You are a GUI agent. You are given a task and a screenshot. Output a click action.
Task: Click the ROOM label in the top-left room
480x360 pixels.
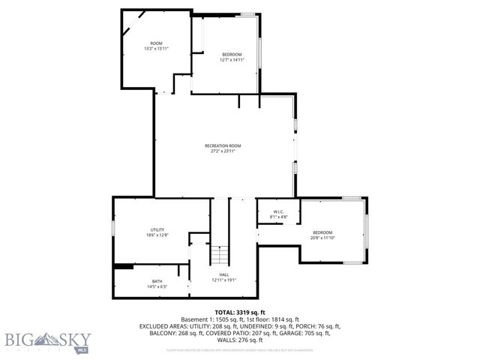156,43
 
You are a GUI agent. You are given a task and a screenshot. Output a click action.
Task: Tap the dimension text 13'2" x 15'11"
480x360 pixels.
156,49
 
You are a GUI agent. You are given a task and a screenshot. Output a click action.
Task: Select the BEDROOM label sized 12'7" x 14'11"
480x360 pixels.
232,54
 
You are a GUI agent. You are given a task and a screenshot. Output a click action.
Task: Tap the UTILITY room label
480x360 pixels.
157,229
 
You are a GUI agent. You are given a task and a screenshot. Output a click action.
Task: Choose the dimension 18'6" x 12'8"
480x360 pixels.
157,235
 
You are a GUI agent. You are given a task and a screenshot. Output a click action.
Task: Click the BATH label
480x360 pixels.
156,281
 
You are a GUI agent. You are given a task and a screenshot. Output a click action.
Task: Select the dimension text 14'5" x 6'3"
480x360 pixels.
156,286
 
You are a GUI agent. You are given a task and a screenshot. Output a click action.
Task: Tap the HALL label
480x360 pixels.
223,274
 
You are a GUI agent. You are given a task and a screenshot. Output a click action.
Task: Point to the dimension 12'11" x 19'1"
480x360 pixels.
223,280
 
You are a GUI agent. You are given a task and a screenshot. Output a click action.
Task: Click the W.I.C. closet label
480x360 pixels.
277,211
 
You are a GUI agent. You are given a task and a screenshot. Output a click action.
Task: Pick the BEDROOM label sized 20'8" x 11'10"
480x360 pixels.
322,232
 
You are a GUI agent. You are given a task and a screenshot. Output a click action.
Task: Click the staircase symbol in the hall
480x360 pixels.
218,255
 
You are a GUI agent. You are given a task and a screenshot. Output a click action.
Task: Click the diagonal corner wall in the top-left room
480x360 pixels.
129,26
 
